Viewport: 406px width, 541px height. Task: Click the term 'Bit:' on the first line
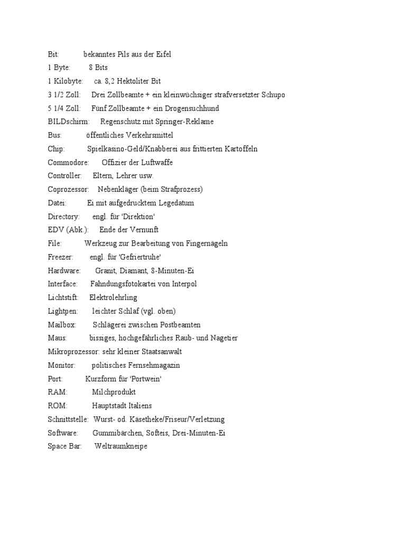coord(53,54)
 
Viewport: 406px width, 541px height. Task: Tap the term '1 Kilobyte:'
coord(65,81)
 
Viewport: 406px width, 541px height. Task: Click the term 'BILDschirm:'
coord(69,122)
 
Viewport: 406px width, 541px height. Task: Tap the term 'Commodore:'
coord(68,163)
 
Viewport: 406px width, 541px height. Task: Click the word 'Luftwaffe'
coord(157,163)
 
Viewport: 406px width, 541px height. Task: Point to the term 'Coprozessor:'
coord(68,189)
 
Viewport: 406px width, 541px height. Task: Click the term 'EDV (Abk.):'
coord(67,230)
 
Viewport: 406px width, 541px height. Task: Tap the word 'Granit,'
coord(106,270)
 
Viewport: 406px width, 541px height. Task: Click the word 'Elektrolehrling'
coord(113,297)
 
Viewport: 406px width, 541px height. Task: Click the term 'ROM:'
coord(58,406)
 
